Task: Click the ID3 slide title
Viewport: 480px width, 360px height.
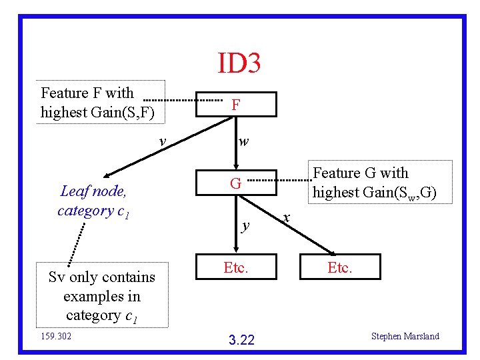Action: (239, 63)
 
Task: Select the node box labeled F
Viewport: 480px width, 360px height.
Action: (235, 105)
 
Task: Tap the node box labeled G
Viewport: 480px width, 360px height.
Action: (235, 183)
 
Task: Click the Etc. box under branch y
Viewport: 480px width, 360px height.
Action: (235, 267)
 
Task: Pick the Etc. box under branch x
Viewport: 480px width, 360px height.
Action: (340, 267)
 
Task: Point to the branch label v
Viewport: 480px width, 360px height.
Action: (161, 141)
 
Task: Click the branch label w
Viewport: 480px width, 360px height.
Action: (244, 141)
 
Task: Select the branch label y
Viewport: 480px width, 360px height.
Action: (245, 225)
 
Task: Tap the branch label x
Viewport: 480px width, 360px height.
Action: (286, 218)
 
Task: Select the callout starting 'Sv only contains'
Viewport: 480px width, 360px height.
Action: (101, 296)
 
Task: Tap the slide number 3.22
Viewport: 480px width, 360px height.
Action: (241, 340)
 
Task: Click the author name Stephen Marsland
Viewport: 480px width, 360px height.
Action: (405, 336)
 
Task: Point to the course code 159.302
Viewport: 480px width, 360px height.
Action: (57, 336)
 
